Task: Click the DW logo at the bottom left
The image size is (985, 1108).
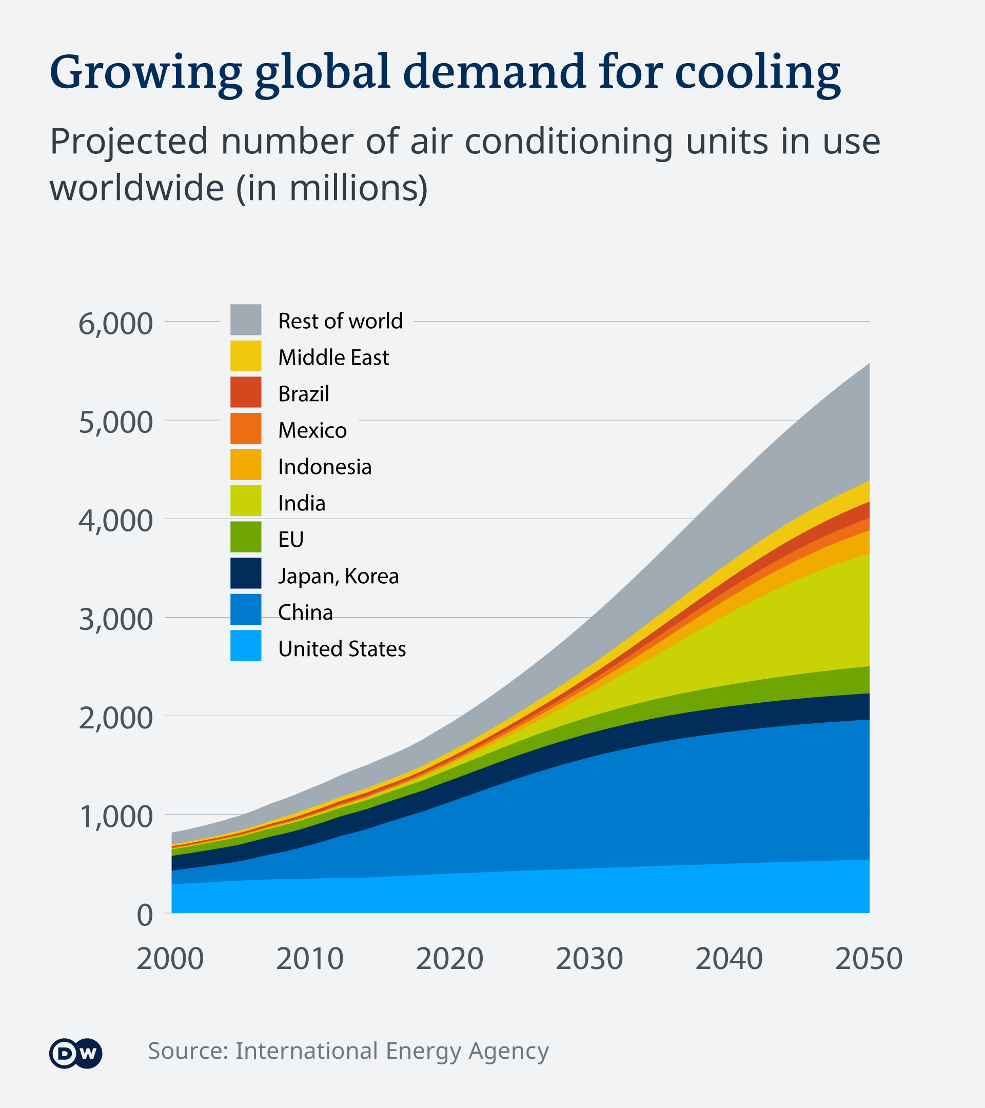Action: (75, 1053)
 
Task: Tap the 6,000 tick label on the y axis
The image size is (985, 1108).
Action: (115, 324)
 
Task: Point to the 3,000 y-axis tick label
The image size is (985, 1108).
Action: (115, 619)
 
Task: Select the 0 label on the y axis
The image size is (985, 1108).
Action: (145, 916)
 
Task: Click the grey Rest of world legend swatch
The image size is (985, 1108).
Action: (246, 320)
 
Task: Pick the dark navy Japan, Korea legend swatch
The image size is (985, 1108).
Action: (246, 573)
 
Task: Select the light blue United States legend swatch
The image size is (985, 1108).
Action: (246, 645)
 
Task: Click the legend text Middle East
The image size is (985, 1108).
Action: (333, 358)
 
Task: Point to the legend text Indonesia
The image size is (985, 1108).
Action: (325, 467)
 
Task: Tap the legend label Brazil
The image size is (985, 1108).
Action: (304, 394)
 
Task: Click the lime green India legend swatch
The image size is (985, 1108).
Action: (246, 500)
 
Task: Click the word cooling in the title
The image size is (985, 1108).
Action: (757, 73)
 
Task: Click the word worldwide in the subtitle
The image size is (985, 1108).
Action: (136, 188)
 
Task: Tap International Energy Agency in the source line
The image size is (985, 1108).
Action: (391, 1051)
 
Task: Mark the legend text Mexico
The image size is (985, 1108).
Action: (312, 430)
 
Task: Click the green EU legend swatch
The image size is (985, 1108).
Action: (246, 537)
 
